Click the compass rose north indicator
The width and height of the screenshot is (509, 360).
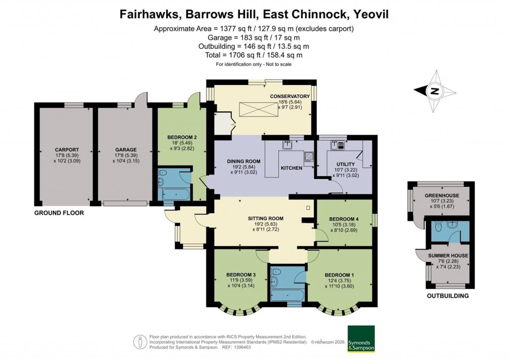point(435,91)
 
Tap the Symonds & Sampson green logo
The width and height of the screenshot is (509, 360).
point(361,339)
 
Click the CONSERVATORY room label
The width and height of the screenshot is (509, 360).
point(290,96)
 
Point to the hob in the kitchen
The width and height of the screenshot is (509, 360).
point(308,157)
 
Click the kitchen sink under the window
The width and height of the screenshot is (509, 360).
point(287,145)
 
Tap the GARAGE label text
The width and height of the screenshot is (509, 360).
point(122,150)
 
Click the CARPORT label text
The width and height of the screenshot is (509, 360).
point(67,150)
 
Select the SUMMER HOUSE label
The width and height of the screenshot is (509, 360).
point(448,256)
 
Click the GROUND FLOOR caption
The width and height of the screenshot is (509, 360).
point(59,213)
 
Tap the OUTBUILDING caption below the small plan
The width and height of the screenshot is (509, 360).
point(448,296)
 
